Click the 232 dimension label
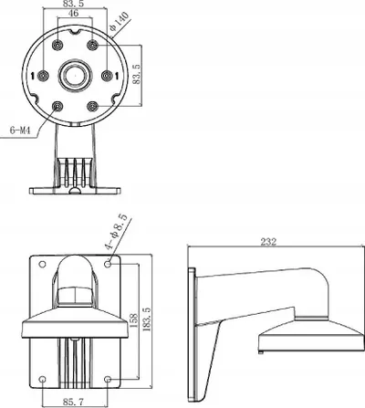(268, 241)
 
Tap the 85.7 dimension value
(73, 402)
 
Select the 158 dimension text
(134, 320)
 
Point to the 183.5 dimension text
(147, 319)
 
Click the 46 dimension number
(73, 13)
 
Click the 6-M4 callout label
(20, 131)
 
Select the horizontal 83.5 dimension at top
(73, 4)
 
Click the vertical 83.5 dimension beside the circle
(137, 74)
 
